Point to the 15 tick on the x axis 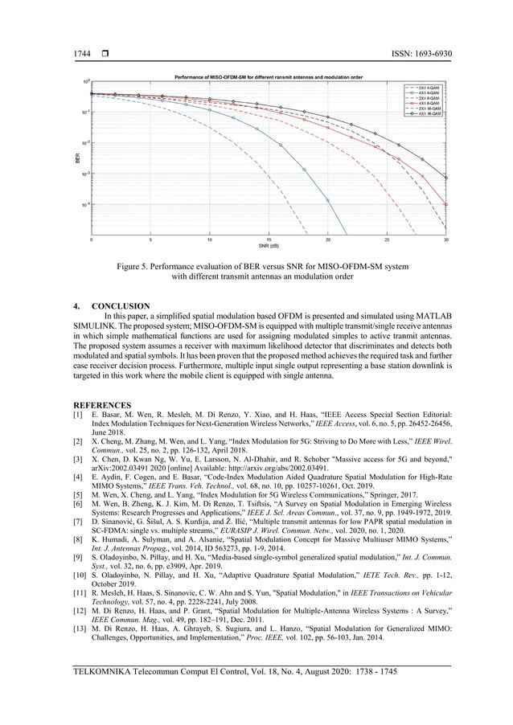click(x=269, y=239)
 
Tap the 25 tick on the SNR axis click(x=387, y=239)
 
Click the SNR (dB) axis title click(x=269, y=245)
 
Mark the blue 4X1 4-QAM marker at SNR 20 click(x=327, y=201)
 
